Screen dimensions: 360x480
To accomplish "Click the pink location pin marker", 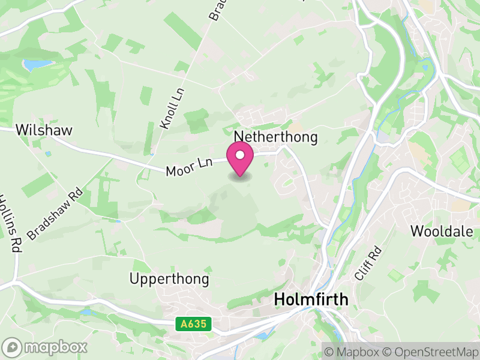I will tap(240, 160).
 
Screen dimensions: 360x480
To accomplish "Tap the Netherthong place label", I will tap(276, 137).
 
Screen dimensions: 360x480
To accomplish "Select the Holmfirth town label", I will tap(311, 299).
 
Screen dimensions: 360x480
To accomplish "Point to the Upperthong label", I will tap(170, 279).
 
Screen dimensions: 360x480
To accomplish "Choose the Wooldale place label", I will tap(442, 231).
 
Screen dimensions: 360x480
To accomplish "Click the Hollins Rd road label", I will tap(8, 223).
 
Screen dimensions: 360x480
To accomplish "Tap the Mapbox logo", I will tap(46, 347).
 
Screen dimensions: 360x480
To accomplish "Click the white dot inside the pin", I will tap(240, 155).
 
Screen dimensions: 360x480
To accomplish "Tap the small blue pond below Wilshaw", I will tap(47, 154).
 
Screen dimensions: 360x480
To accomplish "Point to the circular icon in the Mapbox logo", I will tap(13, 347).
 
